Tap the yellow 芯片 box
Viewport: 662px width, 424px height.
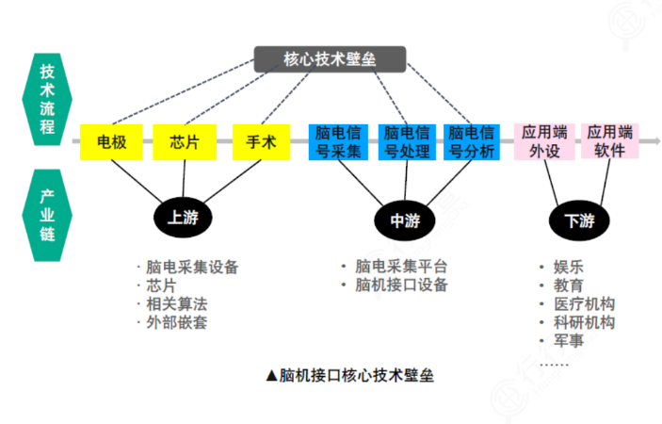[185, 143]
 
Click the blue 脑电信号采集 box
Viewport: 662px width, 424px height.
[339, 142]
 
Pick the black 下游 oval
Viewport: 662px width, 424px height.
[579, 220]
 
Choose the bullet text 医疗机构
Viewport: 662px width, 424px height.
[580, 303]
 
